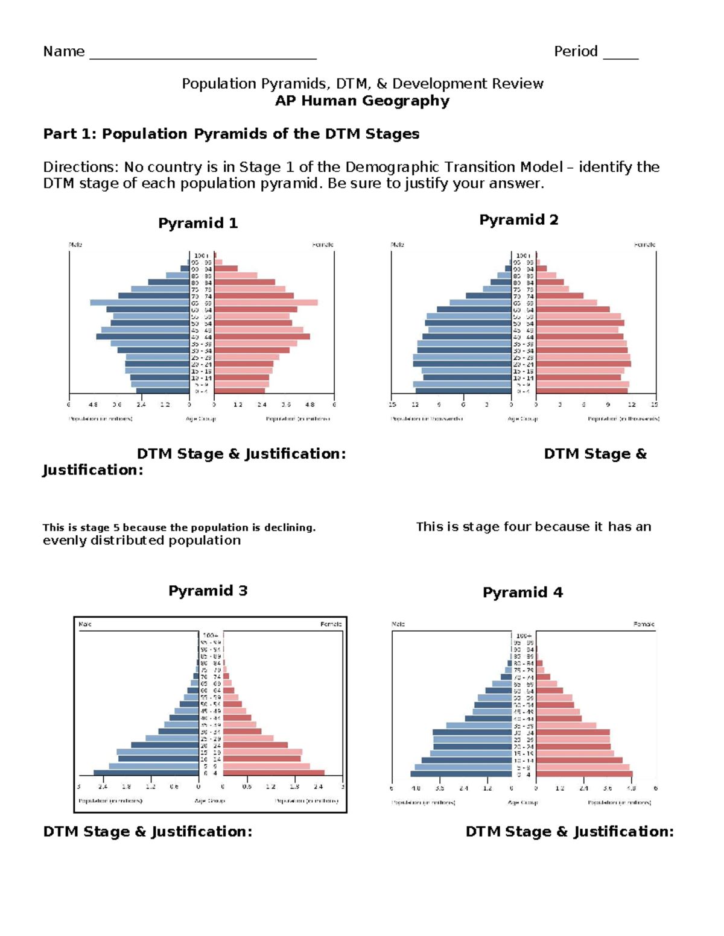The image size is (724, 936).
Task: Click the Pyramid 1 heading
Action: [198, 224]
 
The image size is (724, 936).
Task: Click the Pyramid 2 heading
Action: [519, 220]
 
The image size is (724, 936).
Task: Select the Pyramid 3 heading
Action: [208, 591]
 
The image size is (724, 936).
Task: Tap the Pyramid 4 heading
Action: [522, 592]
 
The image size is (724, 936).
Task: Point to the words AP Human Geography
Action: [362, 101]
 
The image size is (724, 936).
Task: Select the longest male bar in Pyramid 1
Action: [139, 303]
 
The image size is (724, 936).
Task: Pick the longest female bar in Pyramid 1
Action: [266, 303]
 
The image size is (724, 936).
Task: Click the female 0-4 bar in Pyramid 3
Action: [274, 773]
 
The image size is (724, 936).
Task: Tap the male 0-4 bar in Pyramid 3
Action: [146, 773]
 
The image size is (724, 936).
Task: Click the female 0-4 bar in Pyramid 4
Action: [585, 774]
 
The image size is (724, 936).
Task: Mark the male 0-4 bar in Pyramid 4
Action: [461, 774]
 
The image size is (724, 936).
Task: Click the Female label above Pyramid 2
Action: [644, 245]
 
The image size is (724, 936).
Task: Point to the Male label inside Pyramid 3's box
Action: [85, 624]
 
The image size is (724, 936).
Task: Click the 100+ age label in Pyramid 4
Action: [524, 636]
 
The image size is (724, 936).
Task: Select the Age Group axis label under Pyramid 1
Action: [201, 419]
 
